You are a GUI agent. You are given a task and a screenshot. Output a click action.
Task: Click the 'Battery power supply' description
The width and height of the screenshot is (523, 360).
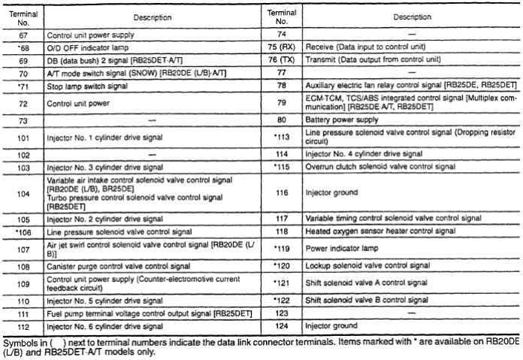point(340,119)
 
